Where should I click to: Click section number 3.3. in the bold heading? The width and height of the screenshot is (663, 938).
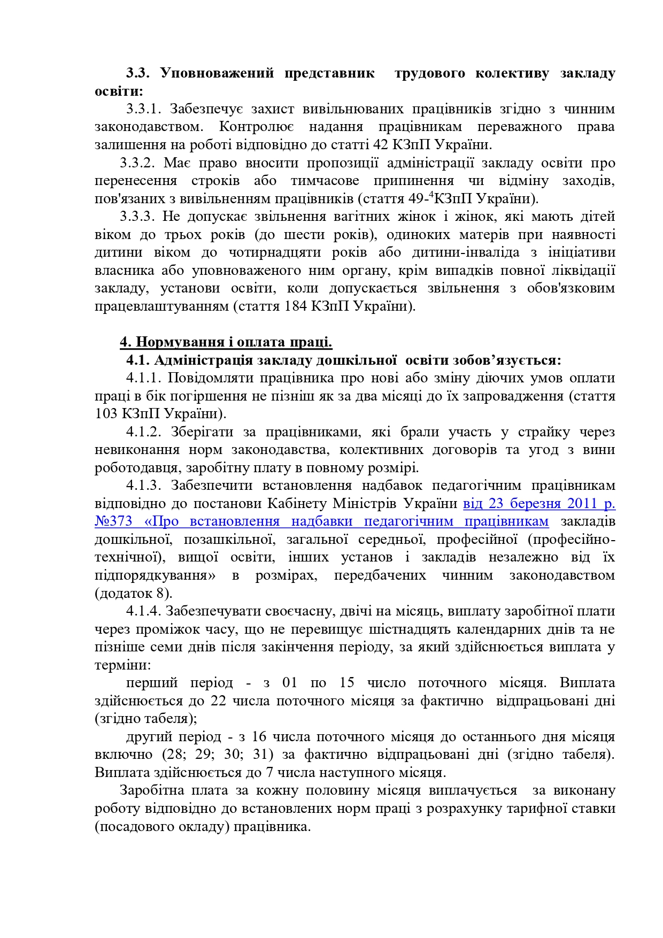pyautogui.click(x=140, y=73)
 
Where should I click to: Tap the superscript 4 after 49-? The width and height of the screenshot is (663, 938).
pyautogui.click(x=431, y=195)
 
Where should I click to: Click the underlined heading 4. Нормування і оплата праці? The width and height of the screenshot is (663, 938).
pyautogui.click(x=226, y=342)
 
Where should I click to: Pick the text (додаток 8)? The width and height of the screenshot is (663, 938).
pyautogui.click(x=133, y=594)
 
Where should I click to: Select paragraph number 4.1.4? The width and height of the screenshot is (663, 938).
pyautogui.click(x=143, y=611)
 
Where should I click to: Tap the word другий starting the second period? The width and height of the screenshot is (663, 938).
pyautogui.click(x=144, y=737)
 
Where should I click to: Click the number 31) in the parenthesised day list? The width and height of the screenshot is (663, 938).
pyautogui.click(x=265, y=755)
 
